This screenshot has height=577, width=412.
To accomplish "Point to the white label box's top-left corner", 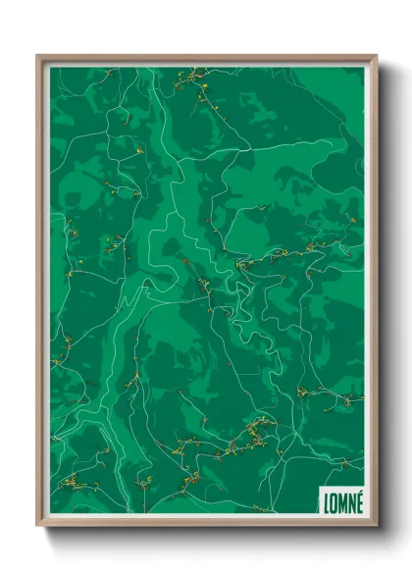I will click(x=320, y=485).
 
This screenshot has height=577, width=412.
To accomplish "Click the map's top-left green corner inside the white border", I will click(x=52, y=69).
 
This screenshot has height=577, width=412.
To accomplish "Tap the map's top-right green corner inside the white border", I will click(x=363, y=69).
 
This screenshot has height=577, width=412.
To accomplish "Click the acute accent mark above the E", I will click(x=359, y=491).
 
